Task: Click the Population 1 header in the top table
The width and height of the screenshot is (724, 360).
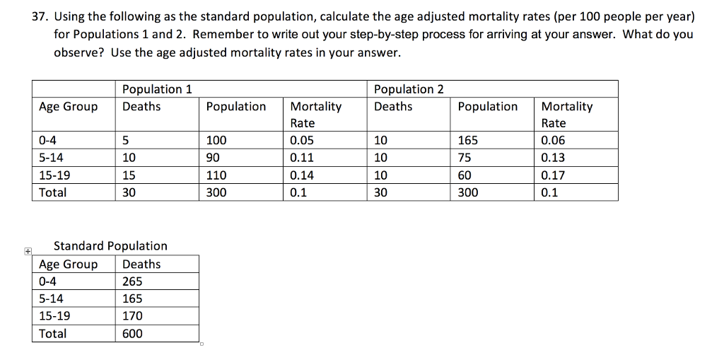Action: [157, 89]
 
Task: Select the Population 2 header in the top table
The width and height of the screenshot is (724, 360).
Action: [409, 89]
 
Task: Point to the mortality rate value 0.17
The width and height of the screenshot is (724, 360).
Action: [553, 175]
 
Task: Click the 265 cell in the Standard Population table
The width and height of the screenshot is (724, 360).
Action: [132, 281]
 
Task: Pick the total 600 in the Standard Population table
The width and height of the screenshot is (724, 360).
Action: [132, 333]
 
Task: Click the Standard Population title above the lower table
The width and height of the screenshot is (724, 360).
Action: [111, 246]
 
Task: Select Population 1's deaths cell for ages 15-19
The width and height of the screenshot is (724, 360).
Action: [129, 175]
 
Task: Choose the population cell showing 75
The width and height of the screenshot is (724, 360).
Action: [465, 158]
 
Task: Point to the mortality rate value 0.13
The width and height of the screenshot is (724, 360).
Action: [553, 158]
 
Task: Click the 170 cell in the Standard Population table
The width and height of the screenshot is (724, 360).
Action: [132, 316]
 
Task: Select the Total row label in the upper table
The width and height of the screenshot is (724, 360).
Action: [53, 192]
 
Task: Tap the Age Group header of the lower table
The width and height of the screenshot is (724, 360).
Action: [69, 265]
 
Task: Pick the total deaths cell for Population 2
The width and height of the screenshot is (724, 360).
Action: [380, 192]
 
